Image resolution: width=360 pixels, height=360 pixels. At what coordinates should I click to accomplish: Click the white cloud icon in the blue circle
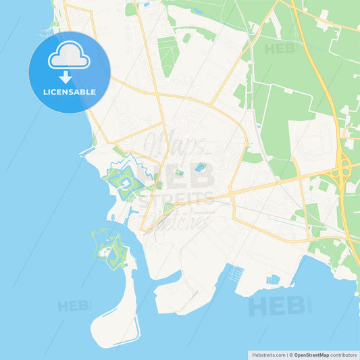click(x=68, y=59)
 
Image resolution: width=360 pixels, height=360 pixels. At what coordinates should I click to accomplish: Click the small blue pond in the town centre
click(x=201, y=167)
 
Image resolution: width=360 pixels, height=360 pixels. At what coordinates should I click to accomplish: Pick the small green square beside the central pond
click(x=179, y=174)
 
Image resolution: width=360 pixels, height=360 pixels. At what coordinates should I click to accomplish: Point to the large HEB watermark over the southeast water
click(x=277, y=305)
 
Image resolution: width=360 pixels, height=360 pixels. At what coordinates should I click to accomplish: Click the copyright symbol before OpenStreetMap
click(x=290, y=354)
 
